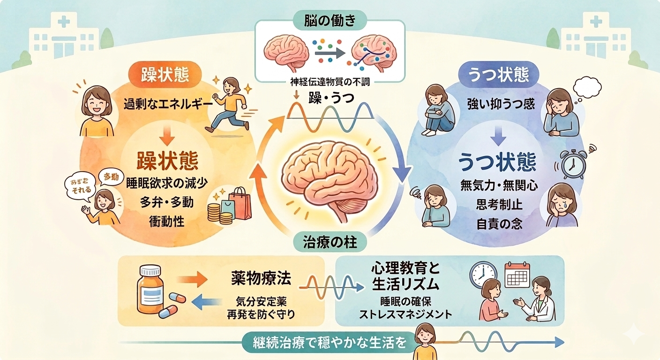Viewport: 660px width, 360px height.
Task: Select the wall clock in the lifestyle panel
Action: (483, 275)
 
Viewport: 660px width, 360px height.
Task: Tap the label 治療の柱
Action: (329, 243)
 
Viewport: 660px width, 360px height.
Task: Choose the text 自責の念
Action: (499, 224)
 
